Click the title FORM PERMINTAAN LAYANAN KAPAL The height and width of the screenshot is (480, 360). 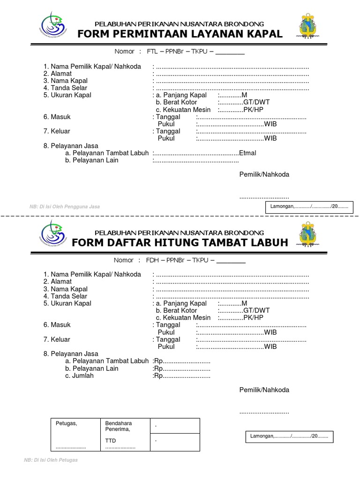tap(180, 34)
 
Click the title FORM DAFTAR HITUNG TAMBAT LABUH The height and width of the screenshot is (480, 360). tap(180, 242)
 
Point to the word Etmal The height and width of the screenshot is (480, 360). tap(247, 153)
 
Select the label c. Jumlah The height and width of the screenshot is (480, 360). tap(79, 375)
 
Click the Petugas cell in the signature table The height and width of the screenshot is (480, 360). tap(66, 423)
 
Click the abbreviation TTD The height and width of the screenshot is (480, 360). tap(111, 441)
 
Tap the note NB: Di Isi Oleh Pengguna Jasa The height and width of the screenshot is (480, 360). tap(65, 206)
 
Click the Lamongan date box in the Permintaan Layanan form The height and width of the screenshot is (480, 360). tap(309, 206)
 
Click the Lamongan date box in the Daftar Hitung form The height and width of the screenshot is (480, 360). tap(289, 436)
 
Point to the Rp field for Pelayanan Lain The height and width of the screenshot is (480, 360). tap(182, 368)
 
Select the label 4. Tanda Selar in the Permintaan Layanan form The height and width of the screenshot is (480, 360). tap(65, 88)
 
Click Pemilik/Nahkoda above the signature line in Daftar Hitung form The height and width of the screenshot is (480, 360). tap(264, 390)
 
